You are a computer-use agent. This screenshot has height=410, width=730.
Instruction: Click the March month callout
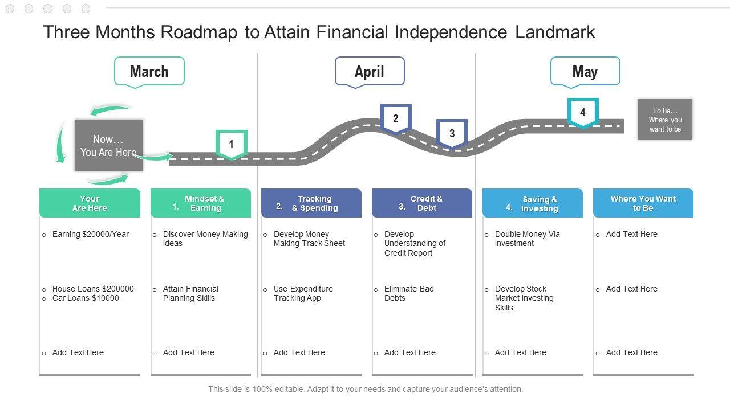[149, 71]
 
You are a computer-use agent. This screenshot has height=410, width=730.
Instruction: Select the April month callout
[370, 71]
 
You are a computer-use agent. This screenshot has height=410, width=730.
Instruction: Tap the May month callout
[585, 71]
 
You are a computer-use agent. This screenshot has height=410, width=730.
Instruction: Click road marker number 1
[231, 144]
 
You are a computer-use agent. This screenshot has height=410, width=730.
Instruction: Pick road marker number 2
[396, 118]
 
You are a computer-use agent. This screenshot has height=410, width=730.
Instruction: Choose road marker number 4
[582, 112]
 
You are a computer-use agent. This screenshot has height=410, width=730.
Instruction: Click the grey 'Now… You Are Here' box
[108, 145]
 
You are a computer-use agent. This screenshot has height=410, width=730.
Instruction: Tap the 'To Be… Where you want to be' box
[665, 120]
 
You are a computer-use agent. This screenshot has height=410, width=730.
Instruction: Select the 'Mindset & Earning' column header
[201, 203]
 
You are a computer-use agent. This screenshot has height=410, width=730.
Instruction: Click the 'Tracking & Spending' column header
[311, 203]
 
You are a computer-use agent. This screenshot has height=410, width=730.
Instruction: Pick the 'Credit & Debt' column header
[422, 203]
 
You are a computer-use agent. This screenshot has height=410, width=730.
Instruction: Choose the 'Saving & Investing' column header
[533, 203]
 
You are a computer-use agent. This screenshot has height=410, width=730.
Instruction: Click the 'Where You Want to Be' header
[643, 203]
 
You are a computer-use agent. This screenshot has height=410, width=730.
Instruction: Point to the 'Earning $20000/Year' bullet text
[91, 234]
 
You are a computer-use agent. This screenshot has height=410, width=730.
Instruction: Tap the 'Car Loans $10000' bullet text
[86, 298]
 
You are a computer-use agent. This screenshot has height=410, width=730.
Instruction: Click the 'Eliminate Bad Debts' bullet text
[409, 293]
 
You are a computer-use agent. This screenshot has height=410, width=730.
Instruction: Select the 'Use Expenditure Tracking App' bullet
[303, 293]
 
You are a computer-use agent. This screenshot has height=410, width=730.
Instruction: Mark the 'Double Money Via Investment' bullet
[527, 239]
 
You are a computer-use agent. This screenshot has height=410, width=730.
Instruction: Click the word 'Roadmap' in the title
[198, 32]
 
